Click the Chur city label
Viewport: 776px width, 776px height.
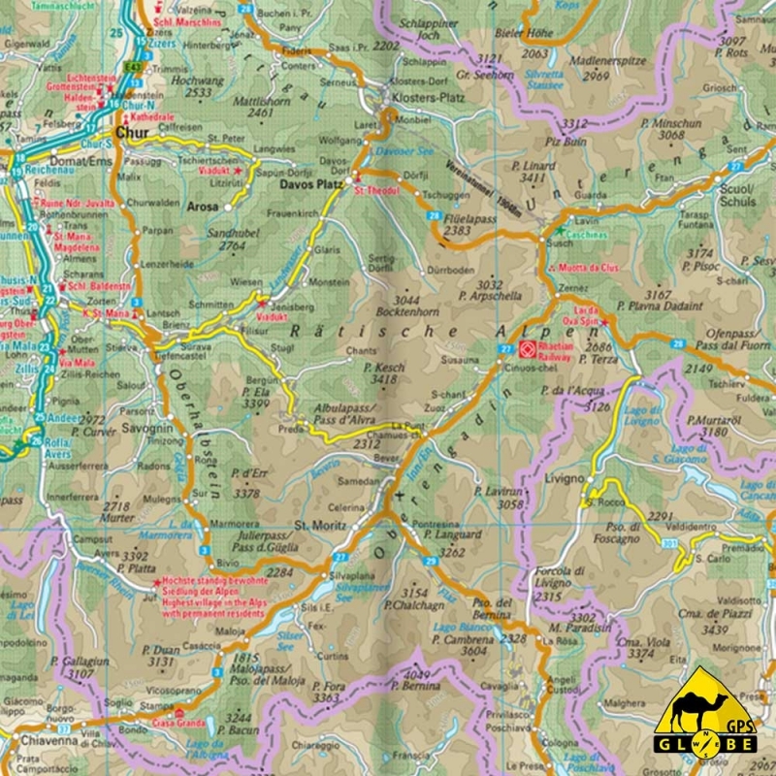pos(132,133)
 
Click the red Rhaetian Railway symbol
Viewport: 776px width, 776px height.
pos(525,348)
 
